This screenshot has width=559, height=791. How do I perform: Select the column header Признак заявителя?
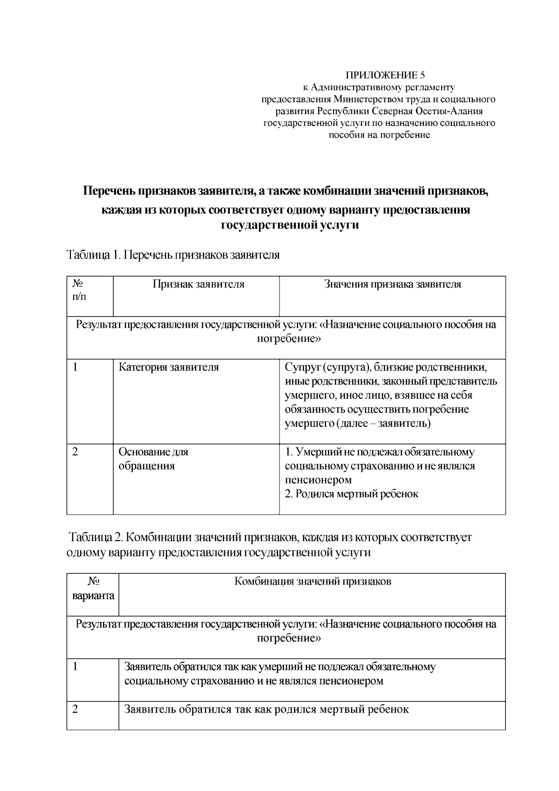[198, 285]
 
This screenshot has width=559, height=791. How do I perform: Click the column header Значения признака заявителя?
[392, 285]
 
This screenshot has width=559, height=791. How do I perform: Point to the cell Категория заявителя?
[169, 367]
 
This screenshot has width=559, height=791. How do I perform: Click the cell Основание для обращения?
[153, 459]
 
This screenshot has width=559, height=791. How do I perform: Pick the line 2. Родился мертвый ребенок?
[351, 494]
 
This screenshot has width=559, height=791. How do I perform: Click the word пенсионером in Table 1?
[318, 480]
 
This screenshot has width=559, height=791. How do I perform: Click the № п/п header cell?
[79, 290]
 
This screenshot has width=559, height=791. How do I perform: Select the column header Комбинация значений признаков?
[312, 582]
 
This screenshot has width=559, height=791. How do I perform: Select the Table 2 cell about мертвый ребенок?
[266, 710]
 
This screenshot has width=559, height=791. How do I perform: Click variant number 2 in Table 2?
[75, 710]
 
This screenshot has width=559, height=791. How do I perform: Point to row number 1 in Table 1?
[75, 367]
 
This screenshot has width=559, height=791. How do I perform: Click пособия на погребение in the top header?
[379, 136]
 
